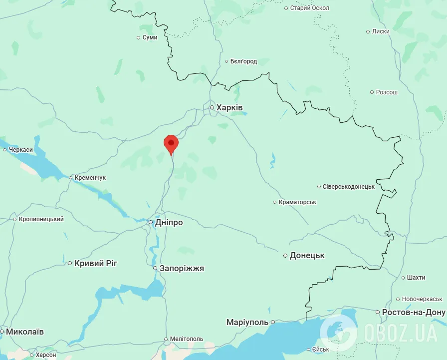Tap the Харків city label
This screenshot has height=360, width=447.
tap(229, 107)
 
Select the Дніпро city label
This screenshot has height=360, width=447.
tap(169, 222)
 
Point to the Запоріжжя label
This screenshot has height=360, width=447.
tap(182, 268)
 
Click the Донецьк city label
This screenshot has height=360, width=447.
tap(307, 255)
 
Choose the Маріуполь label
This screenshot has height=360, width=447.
tap(247, 322)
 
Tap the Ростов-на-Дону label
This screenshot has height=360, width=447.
tap(414, 312)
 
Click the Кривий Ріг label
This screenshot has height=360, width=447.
tap(96, 263)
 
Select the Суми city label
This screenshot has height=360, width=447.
tap(150, 37)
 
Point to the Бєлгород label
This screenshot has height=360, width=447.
tap(243, 61)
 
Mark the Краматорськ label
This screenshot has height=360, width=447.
tap(298, 202)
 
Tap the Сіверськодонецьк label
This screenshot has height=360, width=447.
tap(349, 186)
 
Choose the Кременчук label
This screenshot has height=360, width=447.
tap(91, 178)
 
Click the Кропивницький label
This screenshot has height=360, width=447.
tap(41, 219)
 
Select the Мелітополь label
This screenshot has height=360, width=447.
tap(187, 339)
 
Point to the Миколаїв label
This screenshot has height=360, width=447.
tap(25, 331)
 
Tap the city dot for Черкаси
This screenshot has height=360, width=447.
tap(4, 149)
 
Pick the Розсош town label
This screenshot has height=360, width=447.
tap(387, 92)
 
